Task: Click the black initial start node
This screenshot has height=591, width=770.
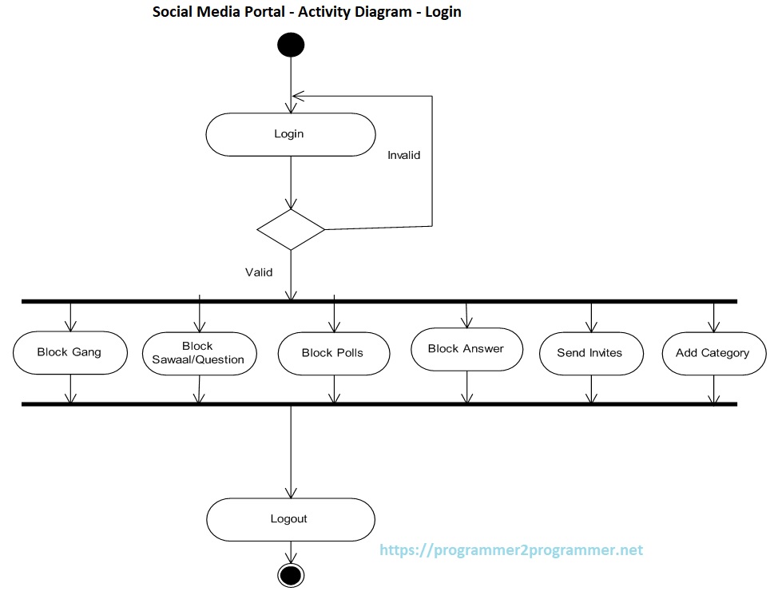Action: [x=291, y=45]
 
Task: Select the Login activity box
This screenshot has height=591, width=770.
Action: [x=291, y=134]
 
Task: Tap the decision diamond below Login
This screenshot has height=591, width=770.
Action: [x=291, y=230]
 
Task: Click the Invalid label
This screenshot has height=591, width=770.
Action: [x=403, y=155]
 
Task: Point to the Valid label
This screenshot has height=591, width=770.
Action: [x=259, y=272]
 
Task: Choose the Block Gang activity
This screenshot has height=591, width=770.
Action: [x=70, y=352]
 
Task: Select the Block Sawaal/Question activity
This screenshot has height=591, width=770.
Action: [x=198, y=353]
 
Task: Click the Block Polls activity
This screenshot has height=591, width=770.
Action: [x=333, y=353]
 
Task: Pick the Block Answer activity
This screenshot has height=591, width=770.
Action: [x=466, y=349]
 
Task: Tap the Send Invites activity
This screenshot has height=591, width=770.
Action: [x=590, y=353]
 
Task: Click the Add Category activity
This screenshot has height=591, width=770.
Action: [x=713, y=353]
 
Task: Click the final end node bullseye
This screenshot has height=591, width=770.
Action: [x=291, y=573]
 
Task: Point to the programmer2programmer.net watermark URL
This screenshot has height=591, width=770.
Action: [x=511, y=550]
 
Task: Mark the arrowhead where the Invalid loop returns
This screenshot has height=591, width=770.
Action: [x=297, y=96]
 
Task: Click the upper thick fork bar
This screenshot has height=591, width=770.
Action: [x=379, y=301]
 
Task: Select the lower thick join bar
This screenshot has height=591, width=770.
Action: [x=379, y=404]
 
